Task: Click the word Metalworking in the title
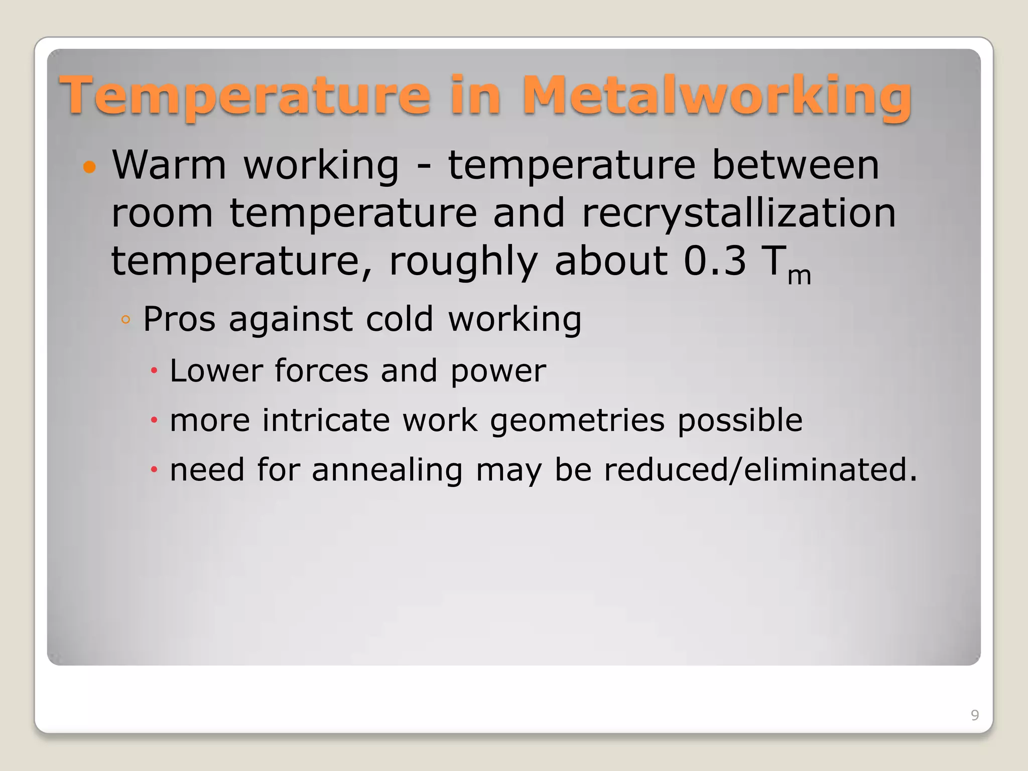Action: [x=717, y=95]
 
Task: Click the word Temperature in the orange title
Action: [x=244, y=95]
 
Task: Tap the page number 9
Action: [x=974, y=715]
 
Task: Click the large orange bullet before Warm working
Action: [x=89, y=167]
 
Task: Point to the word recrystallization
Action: [x=738, y=213]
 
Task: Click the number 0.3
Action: [x=714, y=261]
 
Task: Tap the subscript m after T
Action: [x=799, y=276]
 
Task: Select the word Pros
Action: [x=179, y=319]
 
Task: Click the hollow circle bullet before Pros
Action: [x=125, y=320]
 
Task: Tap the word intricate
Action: [x=326, y=420]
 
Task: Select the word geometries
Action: [x=577, y=421]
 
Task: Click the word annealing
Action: [x=387, y=470]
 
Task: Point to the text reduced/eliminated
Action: [x=759, y=470]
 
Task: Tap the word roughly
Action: [x=463, y=262]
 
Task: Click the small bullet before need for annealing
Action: [x=154, y=470]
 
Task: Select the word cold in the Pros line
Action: [x=399, y=319]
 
